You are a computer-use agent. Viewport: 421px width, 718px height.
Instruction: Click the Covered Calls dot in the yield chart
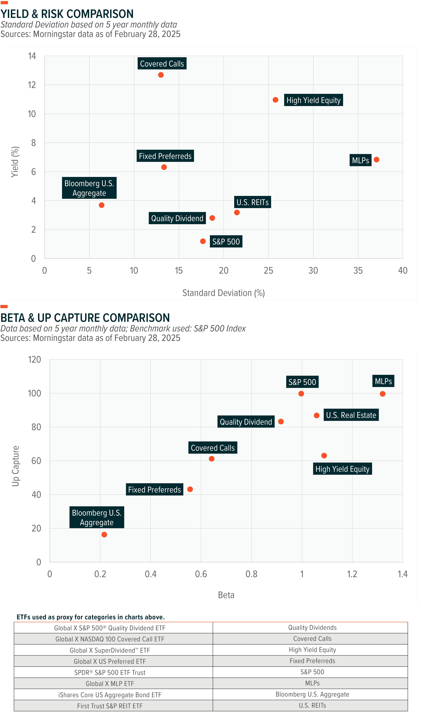tap(161, 75)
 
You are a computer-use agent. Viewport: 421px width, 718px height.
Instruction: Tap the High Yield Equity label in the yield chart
tap(313, 100)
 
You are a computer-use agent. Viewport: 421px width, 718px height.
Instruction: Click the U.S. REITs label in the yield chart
tap(253, 202)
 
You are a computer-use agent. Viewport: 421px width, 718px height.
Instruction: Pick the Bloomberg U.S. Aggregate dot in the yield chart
tap(102, 205)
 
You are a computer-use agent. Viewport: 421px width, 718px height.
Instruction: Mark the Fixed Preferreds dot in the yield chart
tap(164, 167)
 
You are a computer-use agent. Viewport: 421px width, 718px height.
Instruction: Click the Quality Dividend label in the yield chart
tap(177, 218)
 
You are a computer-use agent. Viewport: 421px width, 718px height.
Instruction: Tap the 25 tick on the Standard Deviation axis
tap(268, 270)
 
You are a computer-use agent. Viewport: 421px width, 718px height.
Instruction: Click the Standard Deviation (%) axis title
tap(224, 293)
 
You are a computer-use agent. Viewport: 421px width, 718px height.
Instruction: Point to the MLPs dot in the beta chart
tap(382, 394)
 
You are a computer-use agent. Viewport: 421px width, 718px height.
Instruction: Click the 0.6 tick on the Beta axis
tap(201, 574)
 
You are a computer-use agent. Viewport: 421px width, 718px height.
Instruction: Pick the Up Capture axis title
tap(15, 466)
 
